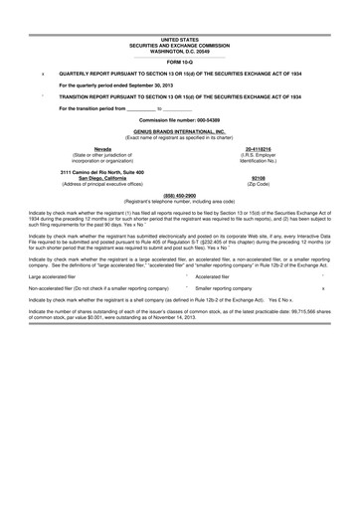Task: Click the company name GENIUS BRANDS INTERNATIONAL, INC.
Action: point(180,130)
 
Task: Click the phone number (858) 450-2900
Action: point(180,195)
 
